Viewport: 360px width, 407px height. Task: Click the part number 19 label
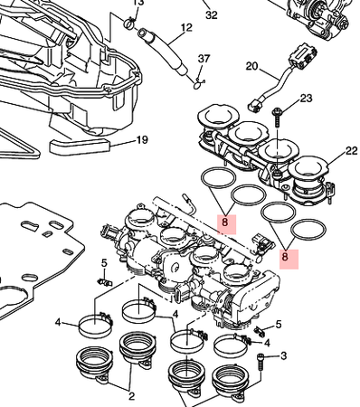point(142,140)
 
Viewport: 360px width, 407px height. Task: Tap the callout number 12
point(186,28)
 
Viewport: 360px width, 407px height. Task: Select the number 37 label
point(204,59)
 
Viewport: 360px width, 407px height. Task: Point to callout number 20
point(252,66)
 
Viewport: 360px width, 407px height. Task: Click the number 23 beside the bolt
point(306,99)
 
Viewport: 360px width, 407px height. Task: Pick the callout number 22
point(351,151)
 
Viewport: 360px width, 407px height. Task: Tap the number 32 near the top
point(212,15)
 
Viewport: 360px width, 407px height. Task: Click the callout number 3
point(283,356)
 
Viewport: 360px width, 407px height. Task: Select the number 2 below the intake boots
point(131,396)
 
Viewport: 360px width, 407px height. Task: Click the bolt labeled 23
point(277,118)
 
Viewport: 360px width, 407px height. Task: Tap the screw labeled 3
point(261,364)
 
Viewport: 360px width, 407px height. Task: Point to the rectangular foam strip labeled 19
point(79,147)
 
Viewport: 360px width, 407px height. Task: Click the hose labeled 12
point(164,51)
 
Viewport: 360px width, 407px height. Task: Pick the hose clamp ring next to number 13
point(129,24)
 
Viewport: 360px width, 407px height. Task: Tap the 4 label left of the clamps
point(58,323)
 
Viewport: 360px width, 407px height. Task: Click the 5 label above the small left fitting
point(104,263)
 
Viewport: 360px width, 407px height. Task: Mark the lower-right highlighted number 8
point(285,257)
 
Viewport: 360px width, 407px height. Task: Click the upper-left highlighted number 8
point(224,222)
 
